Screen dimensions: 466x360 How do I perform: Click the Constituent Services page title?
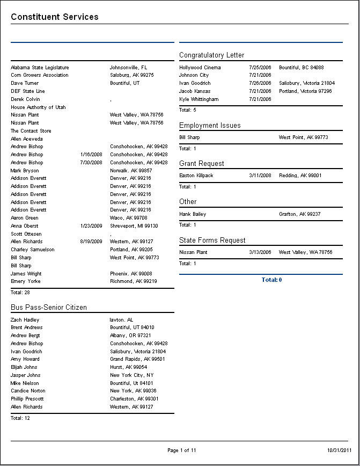[55, 17]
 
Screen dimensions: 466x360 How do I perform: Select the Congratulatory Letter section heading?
[211, 55]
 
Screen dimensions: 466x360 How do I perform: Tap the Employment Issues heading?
[210, 125]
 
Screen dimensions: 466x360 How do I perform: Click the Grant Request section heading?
[202, 163]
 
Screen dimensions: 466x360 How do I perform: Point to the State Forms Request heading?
[212, 240]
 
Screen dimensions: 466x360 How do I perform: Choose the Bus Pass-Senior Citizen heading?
[49, 307]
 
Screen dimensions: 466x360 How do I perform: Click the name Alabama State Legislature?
[40, 68]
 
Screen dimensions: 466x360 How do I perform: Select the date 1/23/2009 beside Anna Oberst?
[91, 226]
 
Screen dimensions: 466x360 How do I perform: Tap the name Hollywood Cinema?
[200, 68]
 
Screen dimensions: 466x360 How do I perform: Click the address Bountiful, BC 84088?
[302, 68]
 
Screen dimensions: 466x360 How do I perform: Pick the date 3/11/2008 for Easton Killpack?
[260, 176]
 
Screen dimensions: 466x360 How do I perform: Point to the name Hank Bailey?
[193, 214]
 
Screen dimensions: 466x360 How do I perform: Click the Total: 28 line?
[20, 293]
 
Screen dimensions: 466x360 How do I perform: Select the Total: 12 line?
[20, 418]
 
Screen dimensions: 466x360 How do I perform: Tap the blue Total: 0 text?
[271, 280]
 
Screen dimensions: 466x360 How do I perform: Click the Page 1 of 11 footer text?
[182, 450]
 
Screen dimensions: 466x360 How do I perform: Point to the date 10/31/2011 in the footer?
[339, 450]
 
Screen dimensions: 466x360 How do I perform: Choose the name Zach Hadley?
[25, 319]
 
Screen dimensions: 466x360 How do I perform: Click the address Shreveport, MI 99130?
[134, 226]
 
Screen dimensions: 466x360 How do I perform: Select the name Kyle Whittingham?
[199, 99]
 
